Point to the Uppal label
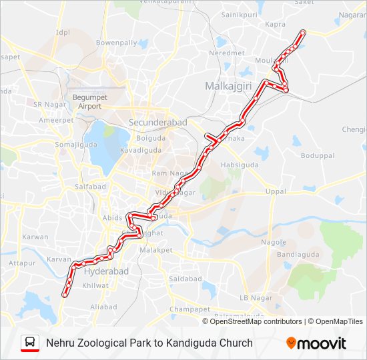click(x=276, y=191)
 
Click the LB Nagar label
click(x=252, y=297)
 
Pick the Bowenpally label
click(x=116, y=43)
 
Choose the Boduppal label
click(x=317, y=156)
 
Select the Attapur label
click(x=21, y=264)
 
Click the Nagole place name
click(x=274, y=242)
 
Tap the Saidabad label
click(x=186, y=278)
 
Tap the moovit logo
click(x=316, y=343)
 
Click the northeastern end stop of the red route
click(x=303, y=32)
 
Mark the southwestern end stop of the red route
click(x=65, y=294)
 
